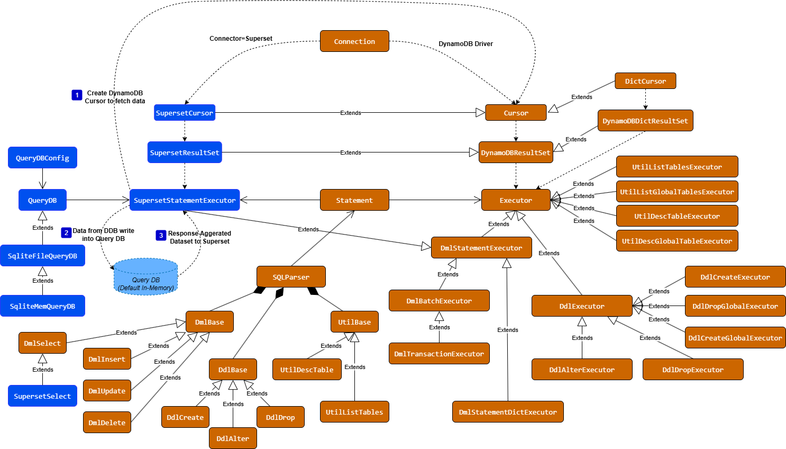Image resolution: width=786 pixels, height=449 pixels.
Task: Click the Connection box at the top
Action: (x=354, y=41)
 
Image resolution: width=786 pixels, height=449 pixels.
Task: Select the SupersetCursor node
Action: (x=185, y=113)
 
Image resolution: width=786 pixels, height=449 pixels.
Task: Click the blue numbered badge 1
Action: (x=77, y=95)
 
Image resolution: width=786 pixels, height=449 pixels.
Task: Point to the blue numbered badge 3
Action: (x=161, y=235)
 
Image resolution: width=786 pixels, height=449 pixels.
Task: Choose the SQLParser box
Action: (x=291, y=277)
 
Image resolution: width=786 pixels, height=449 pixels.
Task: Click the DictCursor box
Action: (x=645, y=81)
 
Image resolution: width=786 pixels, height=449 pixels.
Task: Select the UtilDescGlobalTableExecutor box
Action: (x=677, y=241)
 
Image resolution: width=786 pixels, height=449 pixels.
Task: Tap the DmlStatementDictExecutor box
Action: (x=508, y=412)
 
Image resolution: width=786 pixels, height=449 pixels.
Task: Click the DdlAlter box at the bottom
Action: (x=233, y=438)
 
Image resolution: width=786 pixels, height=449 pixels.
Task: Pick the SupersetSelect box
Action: (x=42, y=396)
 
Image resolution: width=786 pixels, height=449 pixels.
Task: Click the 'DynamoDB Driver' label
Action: (x=465, y=44)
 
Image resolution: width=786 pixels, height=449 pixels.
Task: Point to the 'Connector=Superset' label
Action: (x=241, y=39)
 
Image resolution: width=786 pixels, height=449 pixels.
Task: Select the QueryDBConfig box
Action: (x=42, y=158)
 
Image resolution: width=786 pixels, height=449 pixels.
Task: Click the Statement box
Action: (x=354, y=200)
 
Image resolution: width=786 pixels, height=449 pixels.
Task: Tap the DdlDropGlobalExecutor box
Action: (x=735, y=306)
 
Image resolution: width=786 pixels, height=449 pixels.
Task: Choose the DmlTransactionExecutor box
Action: (x=439, y=354)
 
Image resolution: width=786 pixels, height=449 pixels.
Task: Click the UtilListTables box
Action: (x=354, y=412)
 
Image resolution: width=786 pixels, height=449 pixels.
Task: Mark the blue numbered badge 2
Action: (x=66, y=232)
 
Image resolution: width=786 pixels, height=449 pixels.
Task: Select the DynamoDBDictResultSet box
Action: (x=645, y=121)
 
